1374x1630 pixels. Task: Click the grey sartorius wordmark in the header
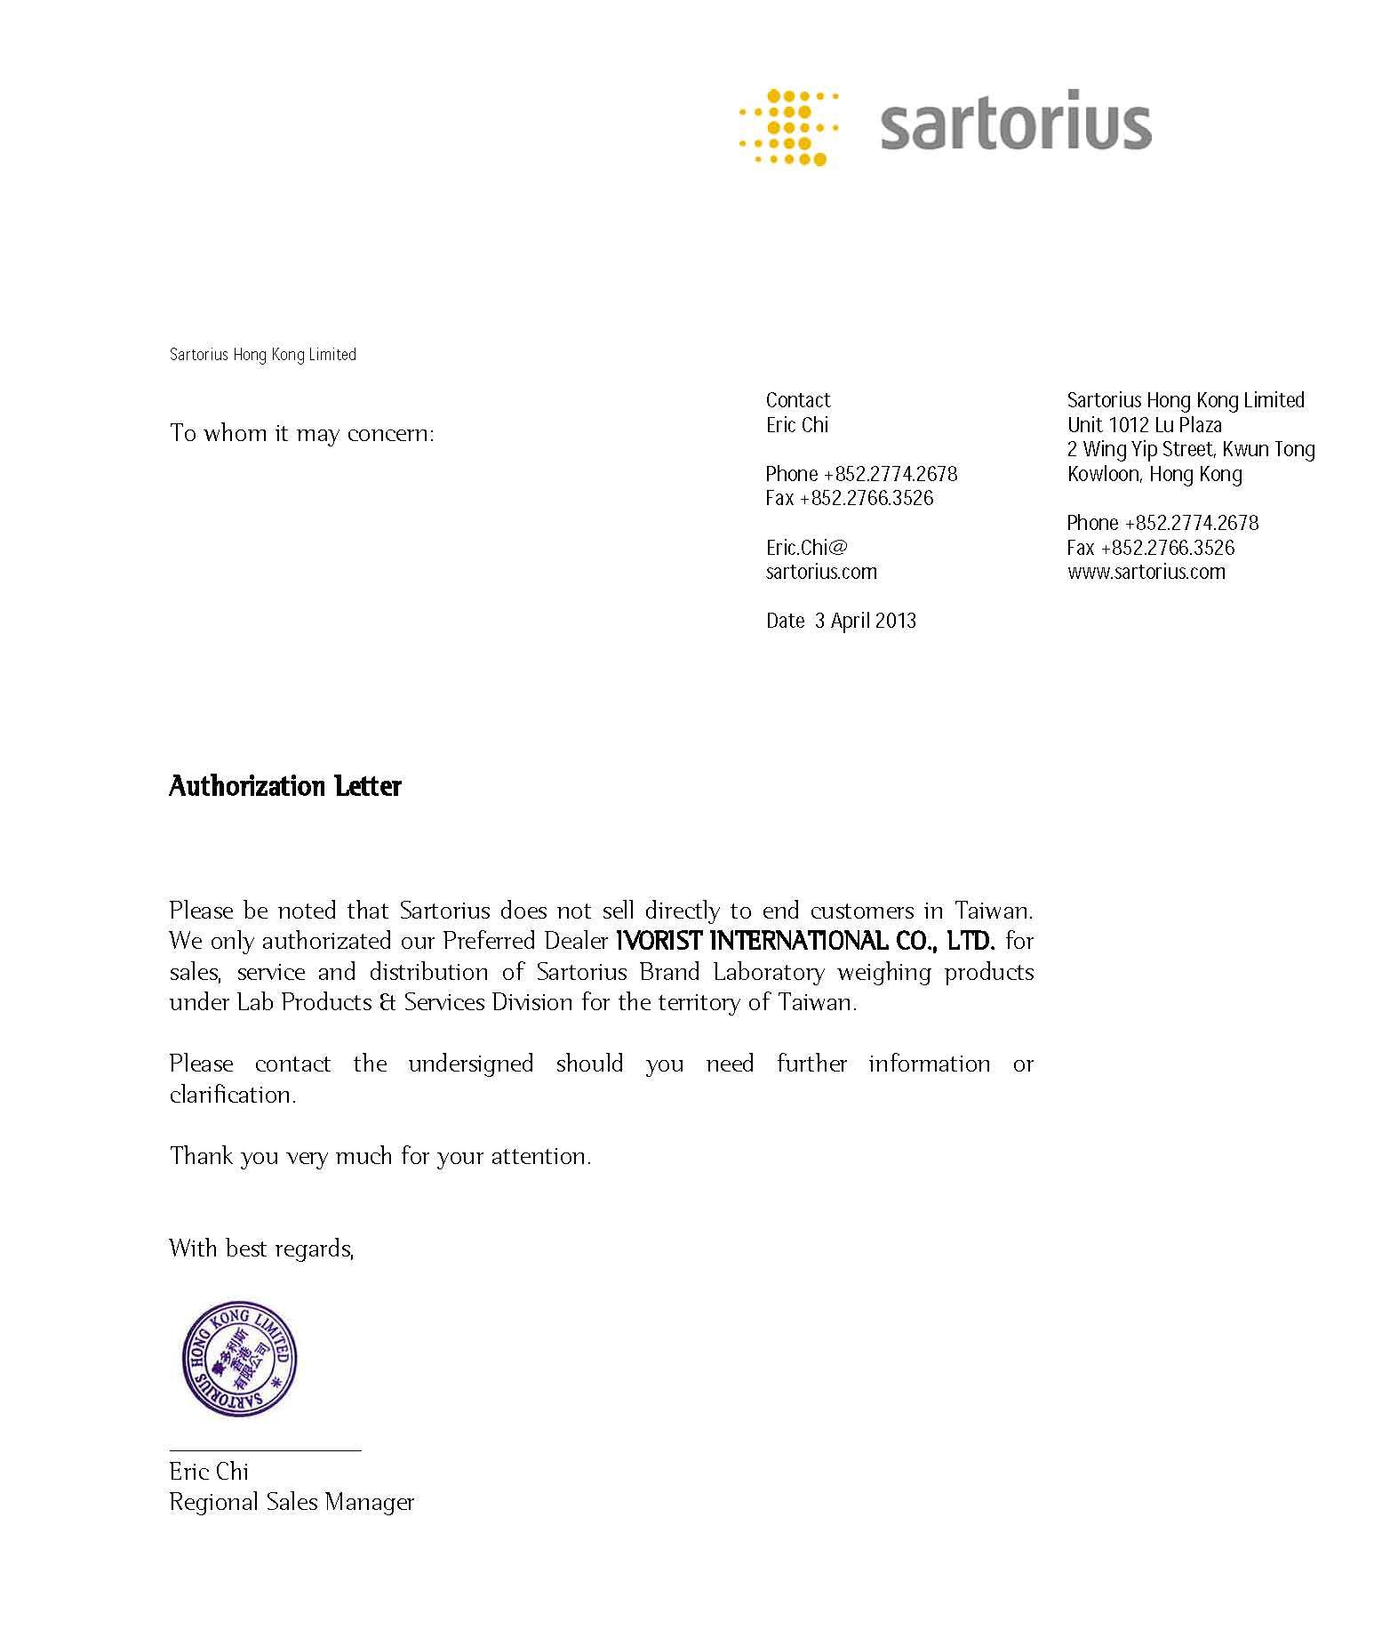click(x=1015, y=122)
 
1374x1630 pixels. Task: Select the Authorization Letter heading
click(x=285, y=786)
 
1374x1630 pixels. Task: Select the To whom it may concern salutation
click(x=302, y=433)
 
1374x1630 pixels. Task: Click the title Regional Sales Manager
click(x=292, y=1502)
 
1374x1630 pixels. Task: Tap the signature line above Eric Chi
click(x=265, y=1450)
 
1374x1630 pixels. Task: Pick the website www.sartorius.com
click(x=1146, y=572)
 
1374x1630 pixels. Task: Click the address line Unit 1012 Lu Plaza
click(x=1144, y=425)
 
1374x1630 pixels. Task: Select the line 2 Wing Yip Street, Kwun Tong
click(x=1190, y=449)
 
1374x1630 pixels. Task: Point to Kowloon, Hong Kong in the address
click(x=1154, y=474)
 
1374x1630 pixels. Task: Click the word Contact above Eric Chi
click(x=797, y=400)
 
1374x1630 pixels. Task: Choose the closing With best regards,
click(x=261, y=1249)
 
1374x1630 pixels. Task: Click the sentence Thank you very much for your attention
click(x=380, y=1156)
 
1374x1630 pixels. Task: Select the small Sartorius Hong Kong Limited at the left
click(x=262, y=355)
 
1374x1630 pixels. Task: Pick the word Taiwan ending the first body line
click(x=994, y=911)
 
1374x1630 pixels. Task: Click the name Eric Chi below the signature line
click(x=209, y=1472)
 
